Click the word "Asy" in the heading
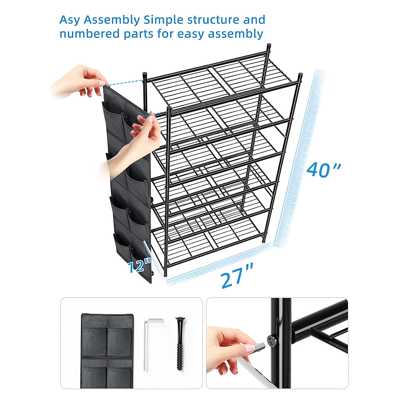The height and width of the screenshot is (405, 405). (70, 20)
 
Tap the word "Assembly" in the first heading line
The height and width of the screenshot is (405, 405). (112, 20)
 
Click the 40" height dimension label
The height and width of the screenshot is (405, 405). (323, 169)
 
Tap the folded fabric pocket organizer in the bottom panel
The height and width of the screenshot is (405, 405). (107, 351)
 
